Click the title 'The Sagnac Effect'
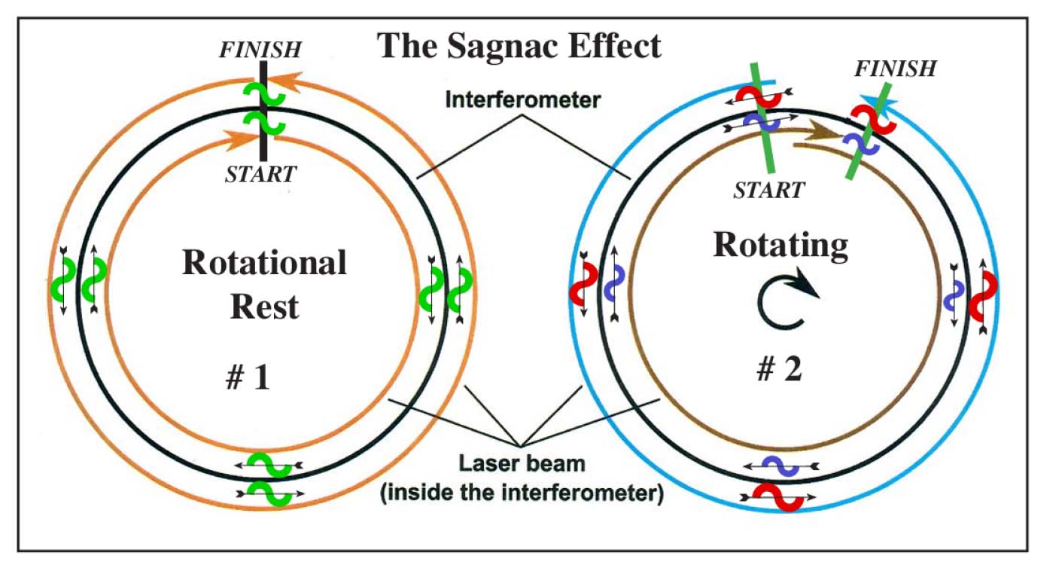pos(519,46)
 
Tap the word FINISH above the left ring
pos(260,50)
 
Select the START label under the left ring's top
pos(260,174)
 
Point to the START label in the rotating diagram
pos(769,191)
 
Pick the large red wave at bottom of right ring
pos(778,497)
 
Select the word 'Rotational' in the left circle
pos(264,263)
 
